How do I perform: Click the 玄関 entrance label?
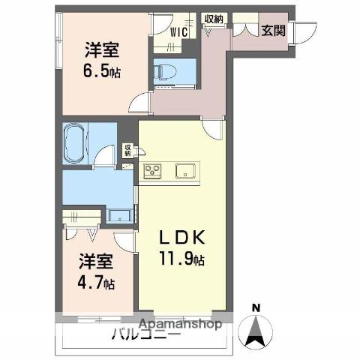click(x=272, y=31)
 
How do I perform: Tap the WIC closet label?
click(x=178, y=32)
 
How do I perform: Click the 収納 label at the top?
click(x=213, y=19)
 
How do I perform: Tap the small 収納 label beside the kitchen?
click(x=127, y=150)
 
